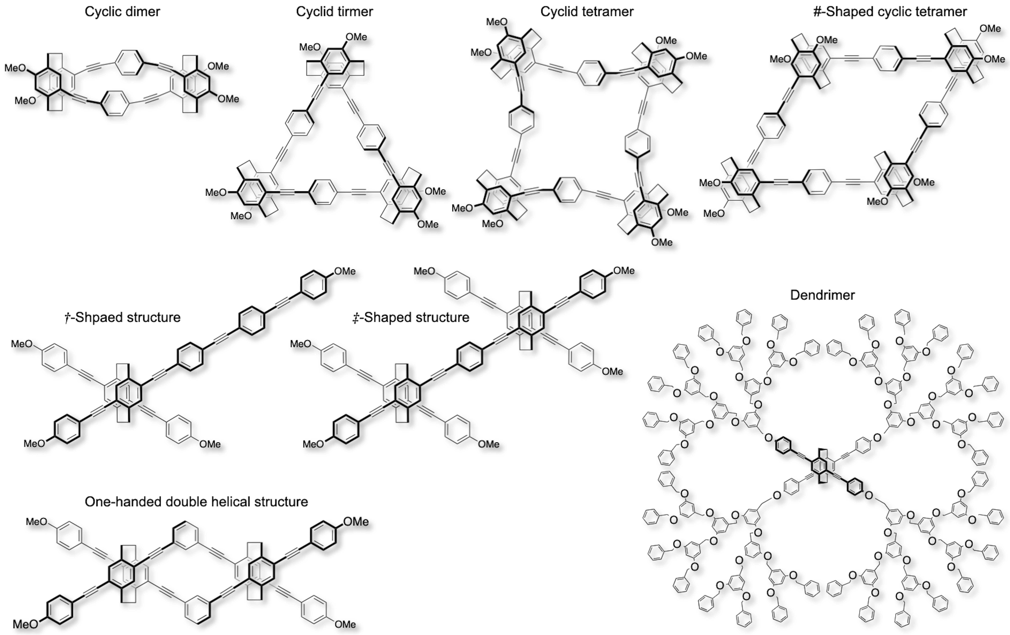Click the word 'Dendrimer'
822,295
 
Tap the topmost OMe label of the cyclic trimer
357,37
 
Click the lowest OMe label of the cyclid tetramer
662,242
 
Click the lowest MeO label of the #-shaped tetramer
714,214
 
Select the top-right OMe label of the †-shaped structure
345,271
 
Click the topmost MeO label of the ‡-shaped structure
424,271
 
